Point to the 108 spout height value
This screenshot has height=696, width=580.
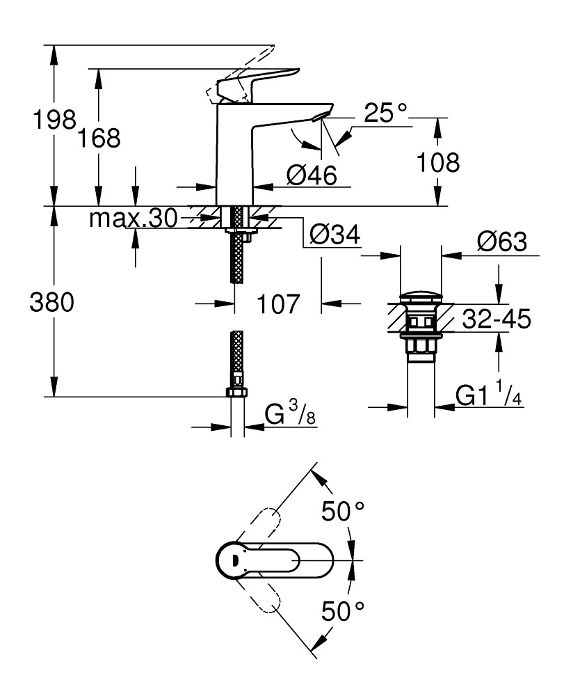(437, 163)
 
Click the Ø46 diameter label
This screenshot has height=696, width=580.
(311, 175)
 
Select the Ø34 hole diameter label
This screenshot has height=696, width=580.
(335, 237)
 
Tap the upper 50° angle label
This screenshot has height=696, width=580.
(342, 513)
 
